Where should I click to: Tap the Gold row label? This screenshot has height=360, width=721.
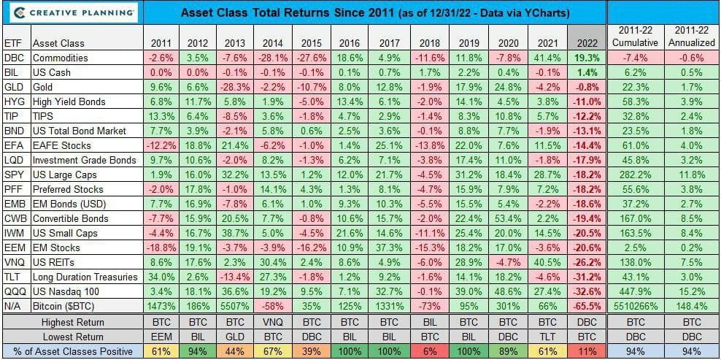[42, 88]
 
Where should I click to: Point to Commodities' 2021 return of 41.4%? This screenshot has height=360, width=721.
[547, 58]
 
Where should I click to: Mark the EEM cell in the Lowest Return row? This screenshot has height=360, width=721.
[161, 337]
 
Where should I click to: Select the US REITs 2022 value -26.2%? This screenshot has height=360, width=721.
[587, 262]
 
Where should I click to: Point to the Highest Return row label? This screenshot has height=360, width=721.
[73, 322]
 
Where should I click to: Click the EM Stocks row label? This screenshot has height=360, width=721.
[56, 248]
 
